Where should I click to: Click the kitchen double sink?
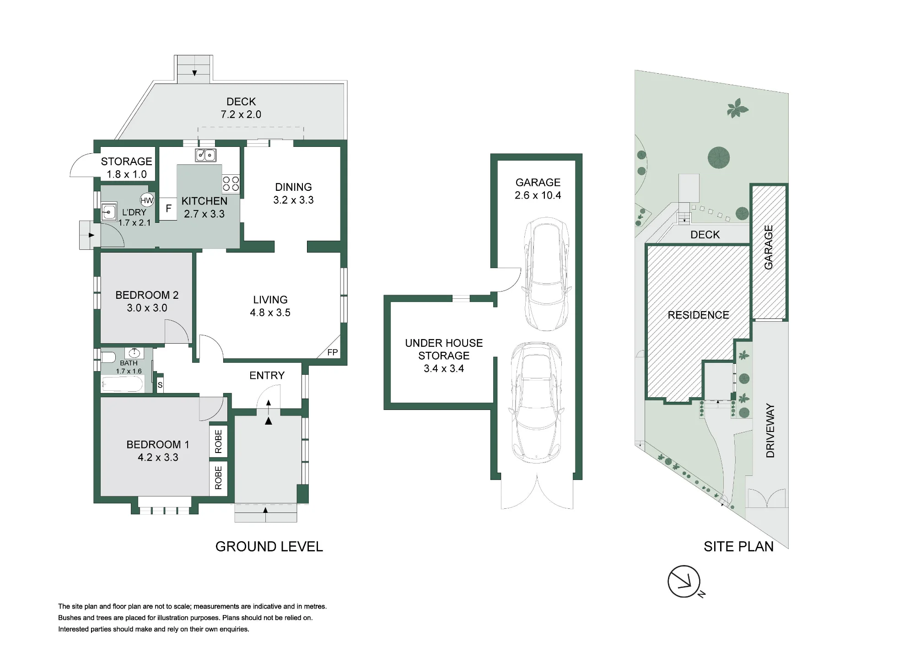pos(206,155)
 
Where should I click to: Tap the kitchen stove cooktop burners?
pos(231,184)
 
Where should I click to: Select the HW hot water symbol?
pos(147,200)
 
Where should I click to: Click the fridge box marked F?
pos(168,209)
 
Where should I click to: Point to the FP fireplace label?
pos(333,352)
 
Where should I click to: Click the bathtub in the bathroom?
pos(123,384)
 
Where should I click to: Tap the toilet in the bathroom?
pos(108,357)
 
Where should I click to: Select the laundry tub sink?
pos(109,212)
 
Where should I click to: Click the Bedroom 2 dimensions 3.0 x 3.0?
pos(147,308)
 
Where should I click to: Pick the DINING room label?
pos(293,187)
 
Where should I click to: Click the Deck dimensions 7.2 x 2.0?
pos(241,114)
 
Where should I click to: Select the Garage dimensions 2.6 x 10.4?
pos(538,195)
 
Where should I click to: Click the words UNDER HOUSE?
pos(444,343)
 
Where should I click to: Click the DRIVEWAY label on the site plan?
pos(770,431)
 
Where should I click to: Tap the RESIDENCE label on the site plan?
pos(698,315)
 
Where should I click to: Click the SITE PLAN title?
pos(738,546)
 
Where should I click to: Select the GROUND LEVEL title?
pos(269,546)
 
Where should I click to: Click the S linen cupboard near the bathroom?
pos(160,385)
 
